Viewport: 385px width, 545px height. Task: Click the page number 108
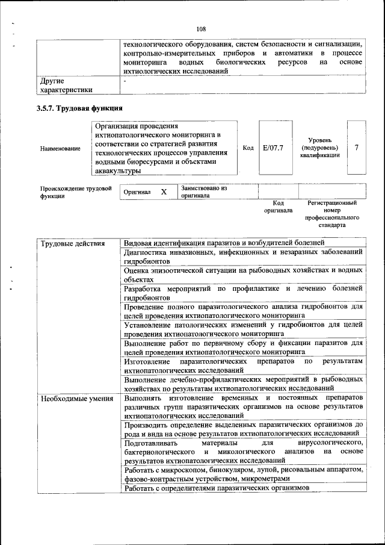point(201,28)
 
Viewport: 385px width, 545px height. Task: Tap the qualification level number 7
point(357,148)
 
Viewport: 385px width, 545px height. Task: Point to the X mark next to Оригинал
point(163,192)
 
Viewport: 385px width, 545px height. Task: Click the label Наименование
point(60,148)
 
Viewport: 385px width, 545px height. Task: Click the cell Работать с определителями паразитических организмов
point(216,488)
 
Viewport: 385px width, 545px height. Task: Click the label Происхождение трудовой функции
point(76,192)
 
